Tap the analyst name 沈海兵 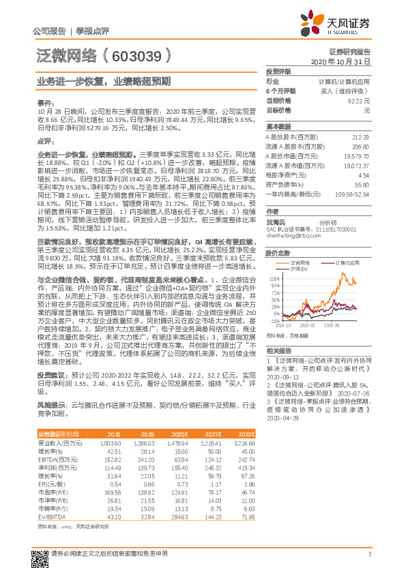(x=276, y=222)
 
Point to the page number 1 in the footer (x=368, y=552)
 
